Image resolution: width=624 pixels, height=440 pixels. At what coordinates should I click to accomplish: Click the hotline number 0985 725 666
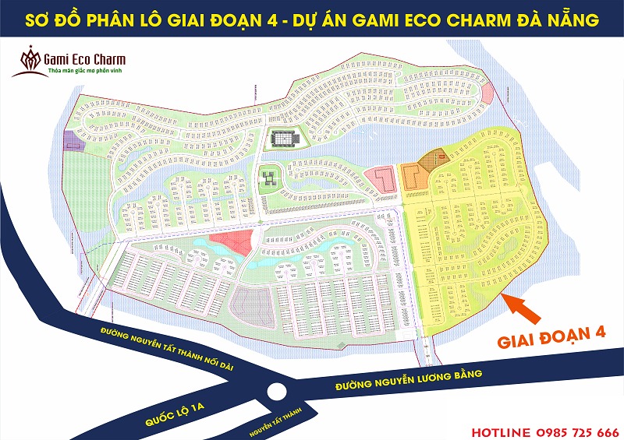click(577, 431)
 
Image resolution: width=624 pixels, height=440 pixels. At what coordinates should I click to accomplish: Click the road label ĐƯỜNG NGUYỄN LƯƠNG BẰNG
click(409, 380)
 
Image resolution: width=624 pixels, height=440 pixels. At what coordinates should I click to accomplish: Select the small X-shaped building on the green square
click(267, 178)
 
